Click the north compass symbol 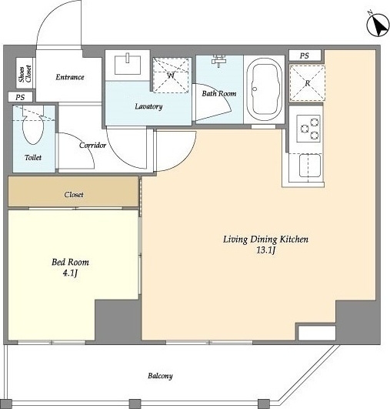click(378, 25)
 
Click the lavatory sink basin click(128, 64)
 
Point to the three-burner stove click(308, 129)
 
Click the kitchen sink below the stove click(310, 166)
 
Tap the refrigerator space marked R click(308, 83)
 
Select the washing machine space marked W click(171, 75)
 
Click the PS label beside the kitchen click(305, 55)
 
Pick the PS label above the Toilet click(20, 97)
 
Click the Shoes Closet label click(25, 74)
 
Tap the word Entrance click(70, 77)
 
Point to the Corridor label click(92, 145)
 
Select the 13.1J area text click(265, 250)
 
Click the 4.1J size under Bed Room click(70, 273)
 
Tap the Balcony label click(160, 376)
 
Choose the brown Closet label click(74, 195)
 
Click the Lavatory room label click(148, 106)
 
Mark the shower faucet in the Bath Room click(218, 61)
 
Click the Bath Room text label click(219, 93)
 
